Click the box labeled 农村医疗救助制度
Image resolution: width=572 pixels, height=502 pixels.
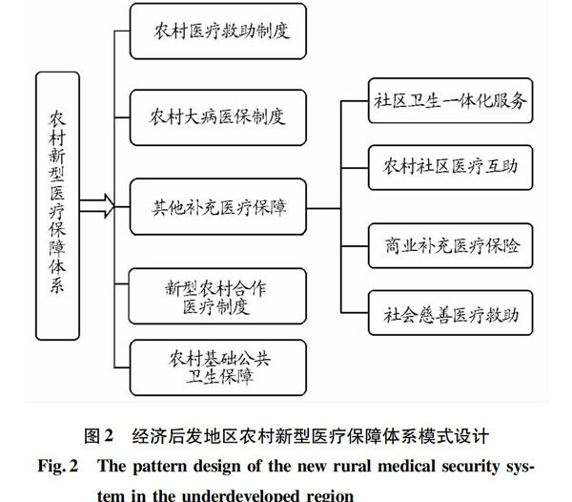pos(218,31)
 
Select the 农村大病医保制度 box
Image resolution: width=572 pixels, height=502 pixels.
pos(218,117)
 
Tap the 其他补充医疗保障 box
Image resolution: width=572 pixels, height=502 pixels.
pos(218,207)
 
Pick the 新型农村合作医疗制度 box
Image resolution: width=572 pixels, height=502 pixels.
pos(217,296)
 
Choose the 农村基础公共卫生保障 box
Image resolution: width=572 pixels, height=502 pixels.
pos(218,367)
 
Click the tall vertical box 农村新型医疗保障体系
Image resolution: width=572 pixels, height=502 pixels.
pos(57,206)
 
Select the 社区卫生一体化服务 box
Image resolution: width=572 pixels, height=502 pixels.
pos(451,100)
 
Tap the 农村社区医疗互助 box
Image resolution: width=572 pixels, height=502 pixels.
pos(451,168)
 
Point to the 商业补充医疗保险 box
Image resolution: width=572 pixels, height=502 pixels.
pos(451,245)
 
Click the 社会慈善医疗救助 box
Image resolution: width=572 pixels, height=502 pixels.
pos(451,313)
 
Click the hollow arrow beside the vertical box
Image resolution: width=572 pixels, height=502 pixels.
pos(97,206)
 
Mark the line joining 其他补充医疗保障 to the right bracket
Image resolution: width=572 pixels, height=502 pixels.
pos(323,209)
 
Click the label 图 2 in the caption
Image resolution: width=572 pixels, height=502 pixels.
pos(99,435)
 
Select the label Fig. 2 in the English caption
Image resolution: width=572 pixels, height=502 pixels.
pos(58,467)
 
